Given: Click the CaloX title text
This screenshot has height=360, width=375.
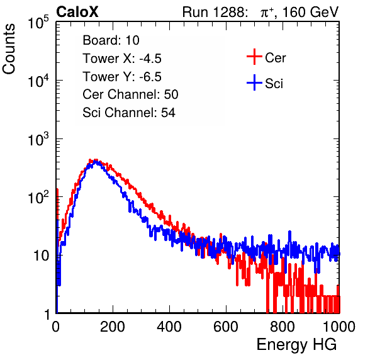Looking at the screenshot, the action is pos(77,12).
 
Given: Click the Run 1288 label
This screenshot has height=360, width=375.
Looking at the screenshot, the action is pos(214,12).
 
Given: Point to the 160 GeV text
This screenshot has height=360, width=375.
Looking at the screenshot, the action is pos(311,12).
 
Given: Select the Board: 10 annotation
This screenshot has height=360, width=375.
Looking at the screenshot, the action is pos(111,40).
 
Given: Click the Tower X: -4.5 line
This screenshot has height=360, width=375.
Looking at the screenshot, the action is pos(122,59).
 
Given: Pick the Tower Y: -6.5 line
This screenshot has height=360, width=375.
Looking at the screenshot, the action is pos(122,77).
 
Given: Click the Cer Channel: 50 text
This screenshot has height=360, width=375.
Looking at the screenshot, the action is pos(130,94).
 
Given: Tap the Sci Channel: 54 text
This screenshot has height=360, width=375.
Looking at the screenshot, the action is pos(129,113).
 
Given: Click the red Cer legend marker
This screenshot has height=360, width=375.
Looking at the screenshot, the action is pos(254,57).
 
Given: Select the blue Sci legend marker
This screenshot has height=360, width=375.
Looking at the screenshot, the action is pos(254,83).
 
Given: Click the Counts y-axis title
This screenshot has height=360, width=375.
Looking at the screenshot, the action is pos(9,49).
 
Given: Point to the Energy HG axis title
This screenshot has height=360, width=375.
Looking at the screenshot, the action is pos(296,345).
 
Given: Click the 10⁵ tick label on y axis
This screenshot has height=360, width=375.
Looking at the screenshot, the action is pos(38,23).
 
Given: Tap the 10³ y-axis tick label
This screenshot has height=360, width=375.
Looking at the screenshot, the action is pos(38,139).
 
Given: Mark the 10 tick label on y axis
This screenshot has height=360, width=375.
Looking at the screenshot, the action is pos(42,256).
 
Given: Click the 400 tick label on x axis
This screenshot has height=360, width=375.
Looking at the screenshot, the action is pos(169,327).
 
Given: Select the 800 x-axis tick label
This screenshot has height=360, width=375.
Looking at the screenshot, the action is pos(283,327).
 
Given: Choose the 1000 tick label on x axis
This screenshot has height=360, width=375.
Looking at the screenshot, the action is pos(339,327).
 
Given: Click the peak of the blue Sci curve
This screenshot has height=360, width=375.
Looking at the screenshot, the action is pos(96,162).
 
